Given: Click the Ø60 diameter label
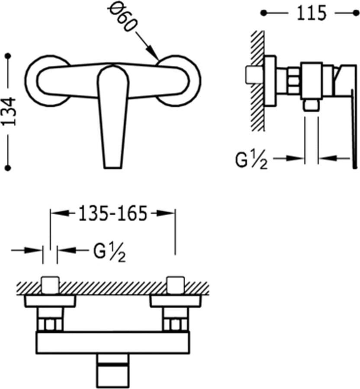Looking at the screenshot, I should click(x=123, y=18).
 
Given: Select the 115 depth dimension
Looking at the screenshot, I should click(x=311, y=13).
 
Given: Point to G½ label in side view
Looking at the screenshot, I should click(x=251, y=160).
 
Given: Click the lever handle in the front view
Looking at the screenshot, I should click(x=112, y=117).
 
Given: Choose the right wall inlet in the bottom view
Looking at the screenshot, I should click(x=175, y=285).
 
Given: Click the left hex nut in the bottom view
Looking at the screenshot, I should click(x=50, y=324).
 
